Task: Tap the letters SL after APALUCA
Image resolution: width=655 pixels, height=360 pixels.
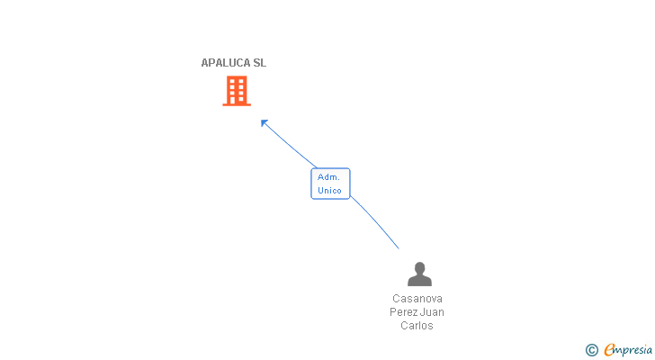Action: coord(260,63)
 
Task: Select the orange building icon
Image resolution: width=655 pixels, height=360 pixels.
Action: coord(237,91)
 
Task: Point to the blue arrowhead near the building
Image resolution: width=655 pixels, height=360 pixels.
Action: coord(264,122)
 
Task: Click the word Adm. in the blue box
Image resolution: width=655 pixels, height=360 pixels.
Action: coord(328,177)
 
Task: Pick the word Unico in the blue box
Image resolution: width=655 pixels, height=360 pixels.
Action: coord(329,191)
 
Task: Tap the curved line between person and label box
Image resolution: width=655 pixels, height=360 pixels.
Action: coord(374,221)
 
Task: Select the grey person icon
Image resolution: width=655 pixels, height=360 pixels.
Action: coord(419,274)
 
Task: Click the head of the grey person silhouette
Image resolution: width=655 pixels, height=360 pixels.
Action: coord(419,267)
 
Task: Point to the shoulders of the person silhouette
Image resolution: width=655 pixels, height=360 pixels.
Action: coord(419,281)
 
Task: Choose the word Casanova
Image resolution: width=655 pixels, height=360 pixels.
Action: coord(417,299)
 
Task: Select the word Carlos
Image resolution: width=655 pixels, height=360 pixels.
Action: coord(417,325)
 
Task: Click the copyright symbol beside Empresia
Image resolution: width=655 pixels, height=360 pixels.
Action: coord(591,350)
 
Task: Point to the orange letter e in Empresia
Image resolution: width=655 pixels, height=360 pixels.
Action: coord(609,349)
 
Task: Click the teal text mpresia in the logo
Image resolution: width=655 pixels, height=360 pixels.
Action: coord(633,350)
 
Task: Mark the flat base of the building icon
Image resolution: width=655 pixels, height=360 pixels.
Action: coord(237,104)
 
